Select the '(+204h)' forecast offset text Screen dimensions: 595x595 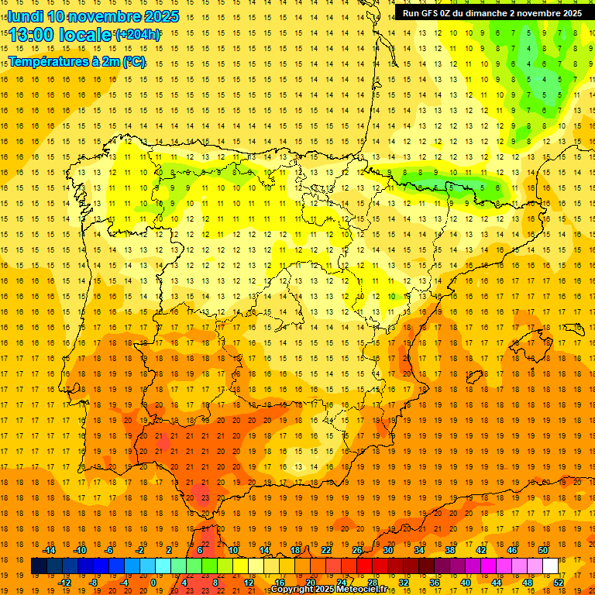click(138, 35)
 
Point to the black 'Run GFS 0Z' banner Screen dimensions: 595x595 click(493, 13)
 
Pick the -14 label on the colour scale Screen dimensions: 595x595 click(49, 550)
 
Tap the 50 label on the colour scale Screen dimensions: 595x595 click(543, 550)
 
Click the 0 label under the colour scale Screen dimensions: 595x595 click(153, 583)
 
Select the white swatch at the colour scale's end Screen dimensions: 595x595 click(550, 566)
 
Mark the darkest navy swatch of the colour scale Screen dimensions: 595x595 click(39, 566)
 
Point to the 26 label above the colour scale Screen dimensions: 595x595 click(357, 550)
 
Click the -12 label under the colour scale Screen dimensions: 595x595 click(64, 583)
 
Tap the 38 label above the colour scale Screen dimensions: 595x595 click(450, 550)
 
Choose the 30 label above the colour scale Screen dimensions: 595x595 click(388, 550)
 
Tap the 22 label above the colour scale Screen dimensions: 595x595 click(326, 550)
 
